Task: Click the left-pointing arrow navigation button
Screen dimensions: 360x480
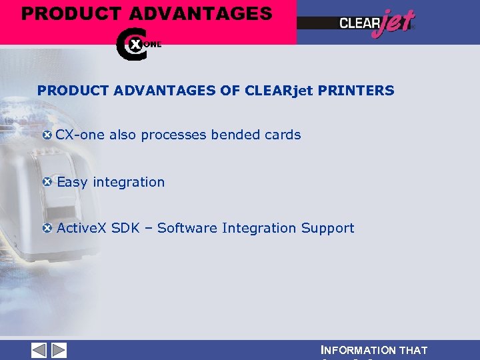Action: [x=39, y=350]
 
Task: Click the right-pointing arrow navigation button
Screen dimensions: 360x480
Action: [x=59, y=350]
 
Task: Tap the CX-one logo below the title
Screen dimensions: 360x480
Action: [x=137, y=44]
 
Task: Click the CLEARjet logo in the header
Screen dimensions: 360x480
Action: [x=377, y=23]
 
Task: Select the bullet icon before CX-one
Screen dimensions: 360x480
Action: [x=47, y=135]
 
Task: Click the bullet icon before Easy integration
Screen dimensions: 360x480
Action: [x=47, y=181]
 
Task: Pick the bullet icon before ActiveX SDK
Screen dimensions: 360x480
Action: [x=47, y=228]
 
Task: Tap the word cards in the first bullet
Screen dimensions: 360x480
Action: [x=283, y=135]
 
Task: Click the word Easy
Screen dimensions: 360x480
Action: [x=73, y=182]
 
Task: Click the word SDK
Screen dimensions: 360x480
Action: [x=125, y=228]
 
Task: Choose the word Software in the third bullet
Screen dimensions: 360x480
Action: [x=187, y=228]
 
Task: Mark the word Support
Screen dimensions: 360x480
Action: [x=327, y=228]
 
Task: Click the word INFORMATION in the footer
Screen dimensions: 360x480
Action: [x=358, y=350]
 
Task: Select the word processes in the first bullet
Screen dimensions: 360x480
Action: [x=174, y=135]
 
